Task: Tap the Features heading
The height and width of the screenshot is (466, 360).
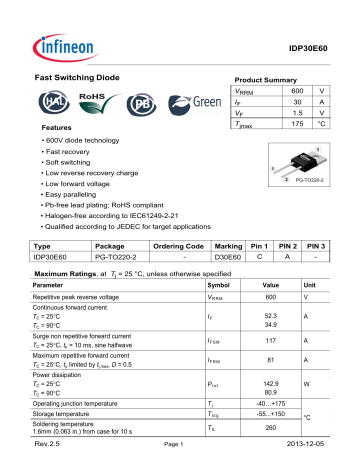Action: (x=56, y=130)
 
